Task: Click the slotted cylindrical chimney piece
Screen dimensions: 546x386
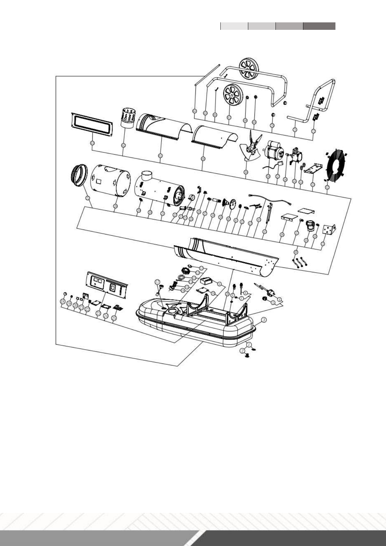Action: click(128, 118)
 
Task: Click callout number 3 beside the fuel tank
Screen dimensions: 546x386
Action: click(264, 320)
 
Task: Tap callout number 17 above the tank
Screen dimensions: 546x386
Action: click(158, 282)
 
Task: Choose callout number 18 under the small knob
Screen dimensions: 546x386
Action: click(63, 302)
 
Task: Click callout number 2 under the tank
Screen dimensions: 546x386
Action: click(242, 350)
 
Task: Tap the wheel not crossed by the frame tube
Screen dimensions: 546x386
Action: click(233, 93)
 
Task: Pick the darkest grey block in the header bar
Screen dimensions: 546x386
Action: click(319, 26)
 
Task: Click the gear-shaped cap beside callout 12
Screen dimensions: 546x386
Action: click(186, 269)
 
